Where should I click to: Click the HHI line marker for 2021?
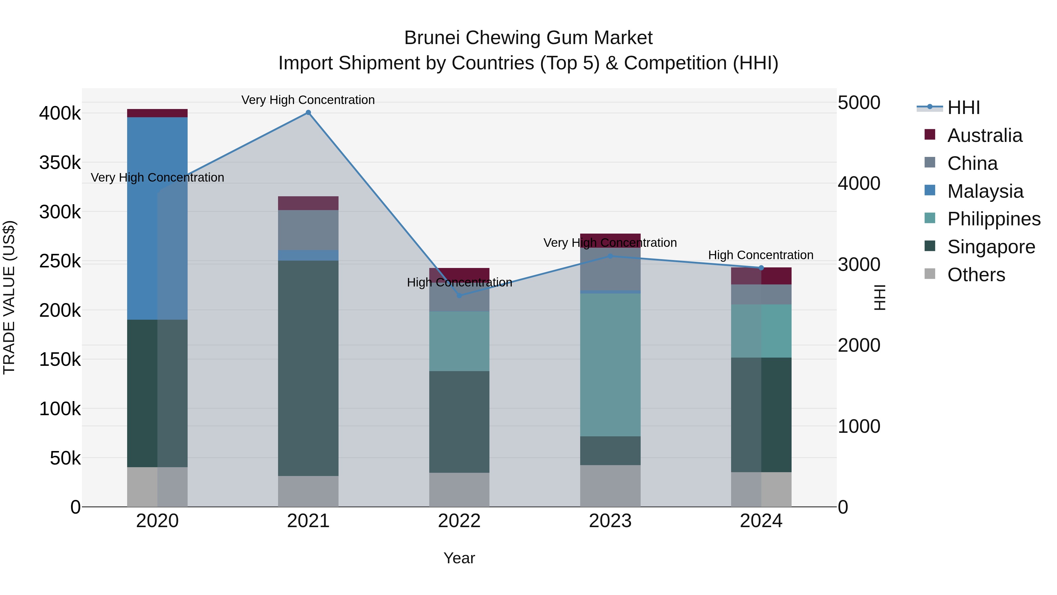(308, 113)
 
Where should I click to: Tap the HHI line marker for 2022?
(459, 295)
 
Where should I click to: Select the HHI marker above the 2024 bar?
(761, 268)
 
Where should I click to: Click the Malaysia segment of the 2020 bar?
(157, 218)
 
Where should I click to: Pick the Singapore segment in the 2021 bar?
(308, 368)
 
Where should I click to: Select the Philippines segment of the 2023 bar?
(610, 365)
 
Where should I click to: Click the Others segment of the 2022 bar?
(459, 490)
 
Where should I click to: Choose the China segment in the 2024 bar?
(761, 294)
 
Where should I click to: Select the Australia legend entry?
(984, 135)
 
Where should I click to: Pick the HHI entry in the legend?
(963, 108)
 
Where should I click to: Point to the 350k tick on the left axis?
(60, 162)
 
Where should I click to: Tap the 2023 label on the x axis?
(610, 521)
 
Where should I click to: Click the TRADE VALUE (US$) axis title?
(9, 297)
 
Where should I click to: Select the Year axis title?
(459, 558)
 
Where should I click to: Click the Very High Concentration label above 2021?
(308, 100)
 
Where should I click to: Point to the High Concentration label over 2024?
(760, 255)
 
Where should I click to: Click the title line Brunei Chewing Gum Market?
(528, 38)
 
